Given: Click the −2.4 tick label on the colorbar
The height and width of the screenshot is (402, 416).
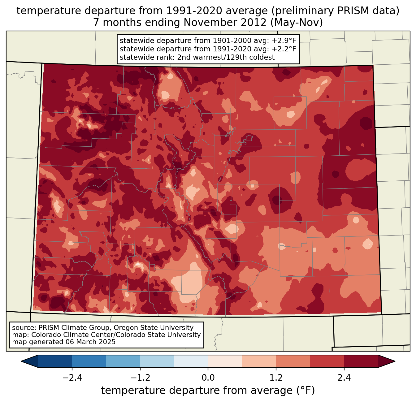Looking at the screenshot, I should point(72,378).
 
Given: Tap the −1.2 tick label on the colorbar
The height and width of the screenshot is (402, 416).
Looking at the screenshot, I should point(140,378).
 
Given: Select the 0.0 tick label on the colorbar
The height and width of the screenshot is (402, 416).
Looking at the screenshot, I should point(208,378).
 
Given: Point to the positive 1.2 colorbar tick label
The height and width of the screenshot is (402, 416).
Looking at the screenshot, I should point(276,378).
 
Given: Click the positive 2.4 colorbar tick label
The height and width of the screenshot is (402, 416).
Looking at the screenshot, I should point(344,378).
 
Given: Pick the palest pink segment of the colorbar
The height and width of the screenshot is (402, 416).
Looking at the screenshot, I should point(225,361).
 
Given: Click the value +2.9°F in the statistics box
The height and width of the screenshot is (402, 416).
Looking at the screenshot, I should point(284,41).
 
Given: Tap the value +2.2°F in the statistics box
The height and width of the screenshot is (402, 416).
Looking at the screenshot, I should point(284,49).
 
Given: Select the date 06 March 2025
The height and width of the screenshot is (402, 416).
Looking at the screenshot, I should point(90,342).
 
